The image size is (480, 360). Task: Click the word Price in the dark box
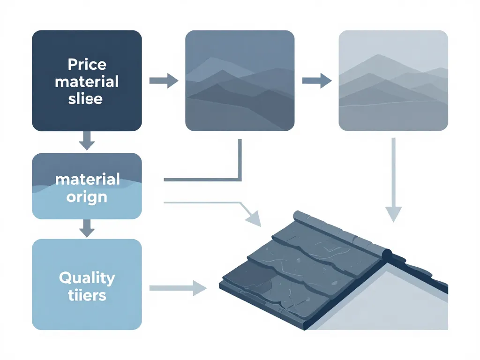tap(87, 64)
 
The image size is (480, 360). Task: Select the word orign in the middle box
tap(87, 197)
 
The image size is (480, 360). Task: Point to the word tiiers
tap(87, 295)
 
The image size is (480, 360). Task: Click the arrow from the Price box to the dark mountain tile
tap(164, 81)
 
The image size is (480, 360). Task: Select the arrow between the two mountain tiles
tap(317, 81)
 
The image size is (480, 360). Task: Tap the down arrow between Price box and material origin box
tap(87, 141)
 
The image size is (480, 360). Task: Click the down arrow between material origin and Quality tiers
tap(87, 229)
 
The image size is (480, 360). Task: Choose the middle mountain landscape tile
tap(240, 81)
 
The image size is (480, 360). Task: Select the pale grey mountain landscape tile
tap(393, 81)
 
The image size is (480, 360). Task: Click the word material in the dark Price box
tap(87, 82)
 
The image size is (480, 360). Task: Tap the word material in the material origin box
tap(87, 179)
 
